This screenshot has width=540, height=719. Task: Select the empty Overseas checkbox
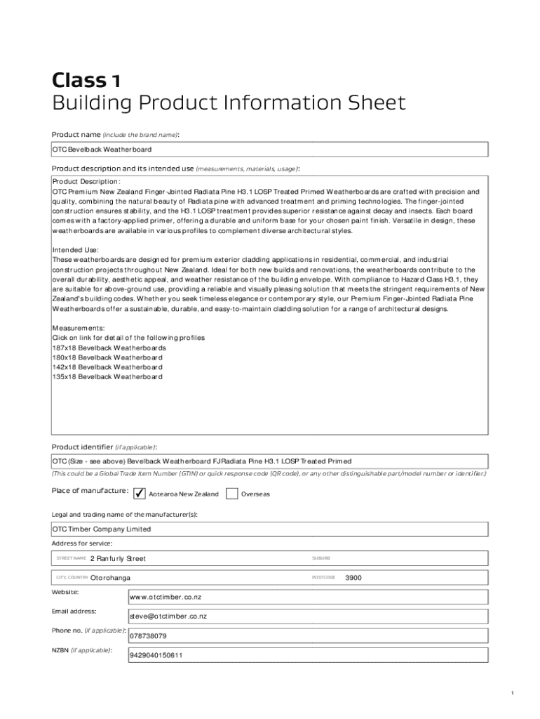232,493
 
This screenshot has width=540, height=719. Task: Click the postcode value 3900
354,578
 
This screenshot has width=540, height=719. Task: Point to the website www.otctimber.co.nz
166,598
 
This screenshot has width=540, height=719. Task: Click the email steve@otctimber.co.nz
168,616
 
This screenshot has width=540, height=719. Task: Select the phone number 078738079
148,636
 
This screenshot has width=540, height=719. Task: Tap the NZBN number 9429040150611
156,656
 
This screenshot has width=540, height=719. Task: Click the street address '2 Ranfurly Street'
118,559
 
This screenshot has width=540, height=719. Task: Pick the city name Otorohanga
110,578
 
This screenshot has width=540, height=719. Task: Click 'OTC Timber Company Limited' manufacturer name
102,529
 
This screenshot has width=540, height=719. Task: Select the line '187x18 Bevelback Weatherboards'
109,348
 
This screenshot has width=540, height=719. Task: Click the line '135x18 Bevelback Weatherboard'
107,377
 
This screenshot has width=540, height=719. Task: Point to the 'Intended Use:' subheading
76,250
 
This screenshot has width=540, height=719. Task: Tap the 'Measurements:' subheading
79,328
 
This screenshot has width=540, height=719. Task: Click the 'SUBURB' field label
321,558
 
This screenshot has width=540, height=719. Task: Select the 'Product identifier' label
82,447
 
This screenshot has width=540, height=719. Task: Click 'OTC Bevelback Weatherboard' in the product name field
102,150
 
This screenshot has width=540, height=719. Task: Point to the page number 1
513,694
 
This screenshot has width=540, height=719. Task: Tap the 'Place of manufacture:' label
89,490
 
